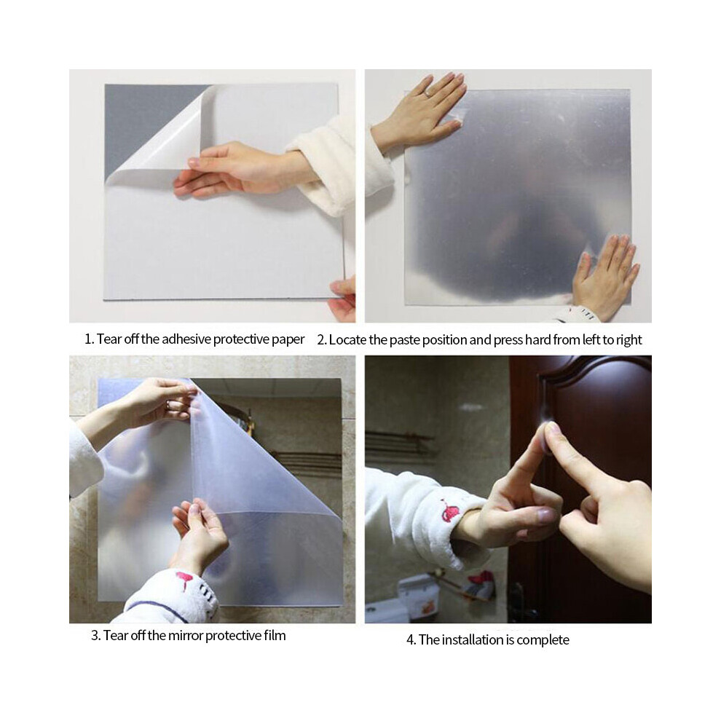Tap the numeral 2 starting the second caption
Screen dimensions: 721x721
pyautogui.click(x=321, y=340)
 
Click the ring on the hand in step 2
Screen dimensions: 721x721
pyautogui.click(x=428, y=93)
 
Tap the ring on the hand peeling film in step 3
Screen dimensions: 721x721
pyautogui.click(x=168, y=405)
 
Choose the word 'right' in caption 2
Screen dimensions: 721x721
pyautogui.click(x=629, y=340)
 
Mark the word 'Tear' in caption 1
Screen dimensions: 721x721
pyautogui.click(x=109, y=339)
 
